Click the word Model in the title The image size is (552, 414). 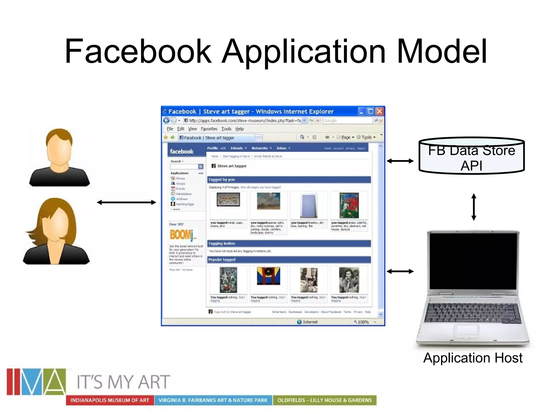click(x=442, y=51)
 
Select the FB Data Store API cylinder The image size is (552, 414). click(x=471, y=156)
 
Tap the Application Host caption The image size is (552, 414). click(x=473, y=358)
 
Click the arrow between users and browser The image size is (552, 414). click(x=126, y=202)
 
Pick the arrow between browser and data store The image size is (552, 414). click(x=400, y=161)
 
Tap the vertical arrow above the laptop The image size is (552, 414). click(x=474, y=207)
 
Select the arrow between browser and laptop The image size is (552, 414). click(x=400, y=271)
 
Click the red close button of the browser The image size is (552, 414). click(x=379, y=111)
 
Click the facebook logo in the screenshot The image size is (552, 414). click(x=181, y=151)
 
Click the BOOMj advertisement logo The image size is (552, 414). click(x=182, y=235)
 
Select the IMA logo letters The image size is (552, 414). click(x=36, y=381)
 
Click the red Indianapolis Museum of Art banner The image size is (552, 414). click(x=110, y=400)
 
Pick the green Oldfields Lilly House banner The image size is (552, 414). click(x=325, y=400)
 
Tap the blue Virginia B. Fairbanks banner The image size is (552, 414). click(x=213, y=400)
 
